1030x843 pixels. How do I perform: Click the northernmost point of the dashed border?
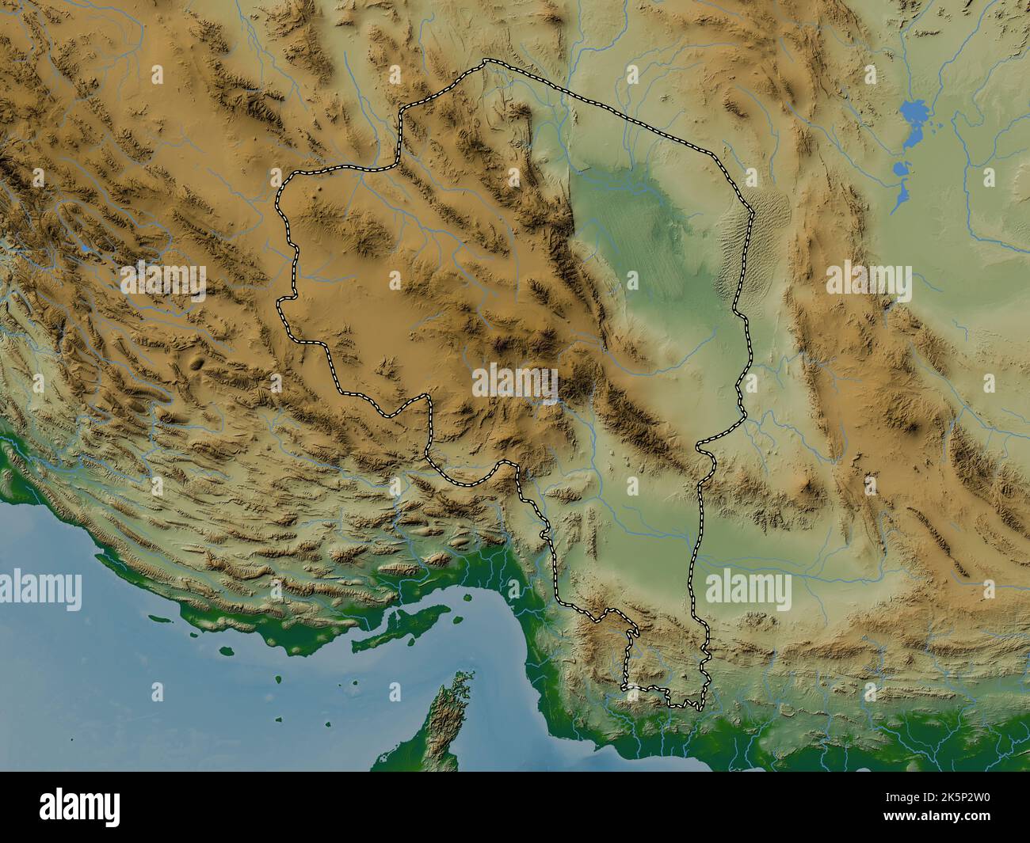click(x=485, y=61)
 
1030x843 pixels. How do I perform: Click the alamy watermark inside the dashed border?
click(x=515, y=380)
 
